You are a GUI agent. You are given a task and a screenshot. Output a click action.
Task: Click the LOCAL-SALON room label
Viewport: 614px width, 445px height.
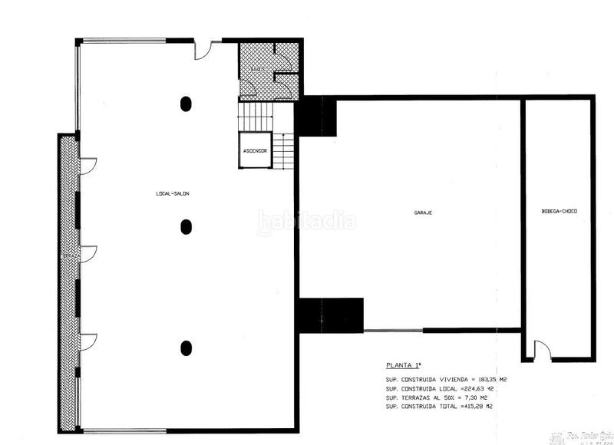click(x=172, y=193)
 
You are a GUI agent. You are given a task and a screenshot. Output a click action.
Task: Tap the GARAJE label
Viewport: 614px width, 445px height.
click(x=423, y=212)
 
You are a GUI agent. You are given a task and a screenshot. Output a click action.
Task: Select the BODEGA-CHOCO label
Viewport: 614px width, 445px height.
click(x=559, y=211)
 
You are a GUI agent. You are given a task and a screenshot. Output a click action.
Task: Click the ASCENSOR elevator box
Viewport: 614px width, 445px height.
click(x=255, y=150)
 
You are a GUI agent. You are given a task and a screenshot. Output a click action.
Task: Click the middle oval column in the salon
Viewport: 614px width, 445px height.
click(x=186, y=226)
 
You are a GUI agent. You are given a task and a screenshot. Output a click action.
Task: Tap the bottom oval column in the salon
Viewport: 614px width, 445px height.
click(x=186, y=347)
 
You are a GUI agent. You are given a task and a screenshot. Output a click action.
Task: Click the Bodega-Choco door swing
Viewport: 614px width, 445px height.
click(x=541, y=351)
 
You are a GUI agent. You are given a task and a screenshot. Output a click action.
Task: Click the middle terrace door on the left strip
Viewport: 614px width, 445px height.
click(x=88, y=254)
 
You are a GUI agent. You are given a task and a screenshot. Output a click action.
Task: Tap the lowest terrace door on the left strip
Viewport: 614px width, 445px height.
click(x=88, y=341)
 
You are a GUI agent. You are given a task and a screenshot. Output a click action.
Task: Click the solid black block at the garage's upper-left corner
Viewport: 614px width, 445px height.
click(x=315, y=117)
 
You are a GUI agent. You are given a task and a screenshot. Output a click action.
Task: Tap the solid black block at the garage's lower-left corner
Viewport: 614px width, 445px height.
click(x=330, y=315)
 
